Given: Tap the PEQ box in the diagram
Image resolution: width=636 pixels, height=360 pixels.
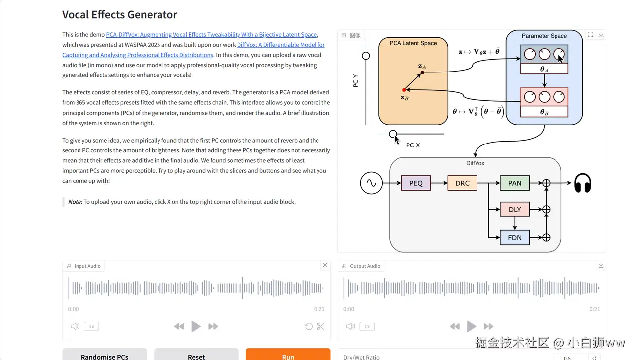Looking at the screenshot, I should click(416, 183).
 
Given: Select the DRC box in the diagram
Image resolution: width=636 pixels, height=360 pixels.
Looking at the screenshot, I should click(462, 183).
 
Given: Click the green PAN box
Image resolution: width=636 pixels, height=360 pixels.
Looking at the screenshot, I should click(515, 183).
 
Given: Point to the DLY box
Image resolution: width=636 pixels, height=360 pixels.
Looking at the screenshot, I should click(515, 209).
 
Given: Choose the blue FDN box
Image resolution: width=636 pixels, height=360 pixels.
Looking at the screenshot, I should click(515, 238).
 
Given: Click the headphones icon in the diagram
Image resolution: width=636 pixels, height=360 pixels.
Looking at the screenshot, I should click(583, 183).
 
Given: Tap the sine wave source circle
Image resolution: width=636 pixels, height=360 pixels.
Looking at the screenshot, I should click(371, 183).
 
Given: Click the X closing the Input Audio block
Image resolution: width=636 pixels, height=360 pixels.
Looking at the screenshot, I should click(325, 265).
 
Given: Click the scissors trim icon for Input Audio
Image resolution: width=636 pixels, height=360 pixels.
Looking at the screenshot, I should click(320, 326).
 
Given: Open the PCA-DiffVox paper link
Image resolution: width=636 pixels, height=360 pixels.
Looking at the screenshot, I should click(211, 35).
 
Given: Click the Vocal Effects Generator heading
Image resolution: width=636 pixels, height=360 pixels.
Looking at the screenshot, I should click(120, 15).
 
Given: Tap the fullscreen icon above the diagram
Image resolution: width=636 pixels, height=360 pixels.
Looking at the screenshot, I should click(590, 35).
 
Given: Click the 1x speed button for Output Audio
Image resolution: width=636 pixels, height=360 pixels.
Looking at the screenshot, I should click(367, 326).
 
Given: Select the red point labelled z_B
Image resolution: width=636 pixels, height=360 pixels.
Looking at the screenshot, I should click(404, 90).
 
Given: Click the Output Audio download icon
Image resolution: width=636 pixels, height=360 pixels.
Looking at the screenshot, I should click(601, 265).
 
